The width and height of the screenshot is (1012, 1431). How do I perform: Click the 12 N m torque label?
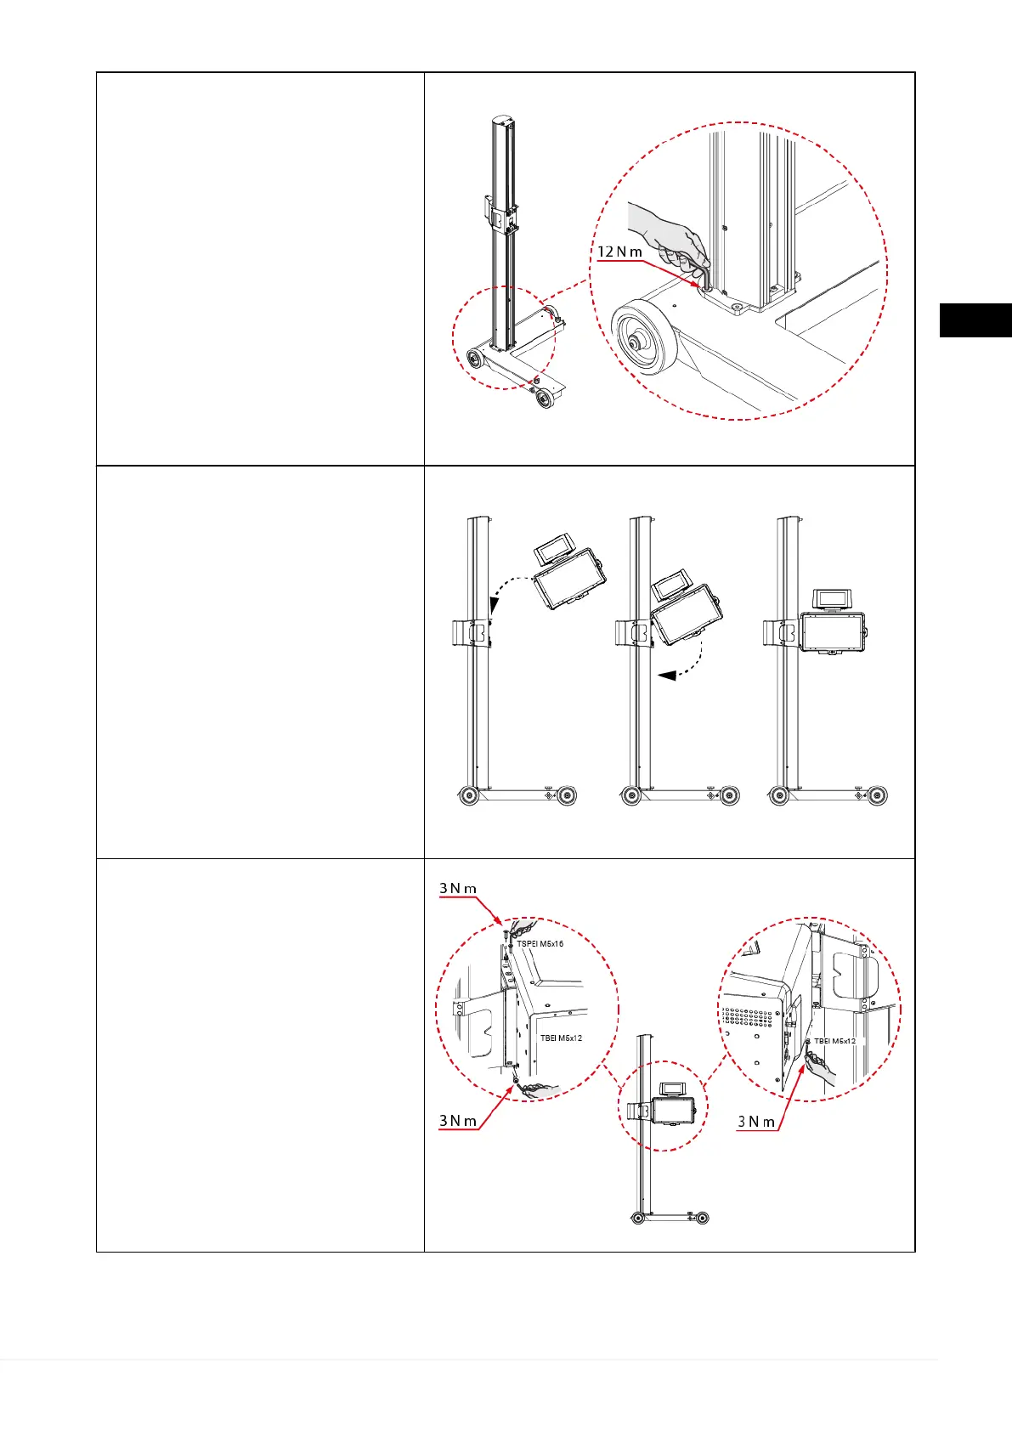click(620, 252)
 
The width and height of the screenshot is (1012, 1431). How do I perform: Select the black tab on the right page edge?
click(975, 320)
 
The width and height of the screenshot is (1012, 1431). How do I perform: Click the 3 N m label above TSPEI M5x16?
click(458, 889)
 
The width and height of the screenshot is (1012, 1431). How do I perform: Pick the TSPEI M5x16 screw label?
click(540, 944)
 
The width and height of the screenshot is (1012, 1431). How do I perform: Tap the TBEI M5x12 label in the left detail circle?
click(561, 1038)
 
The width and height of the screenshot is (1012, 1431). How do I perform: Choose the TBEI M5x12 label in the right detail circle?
click(834, 1041)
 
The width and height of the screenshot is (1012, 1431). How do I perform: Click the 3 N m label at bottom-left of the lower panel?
click(458, 1121)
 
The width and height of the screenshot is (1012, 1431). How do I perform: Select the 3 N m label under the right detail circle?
click(756, 1122)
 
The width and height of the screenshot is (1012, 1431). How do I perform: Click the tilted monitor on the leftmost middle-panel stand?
click(568, 581)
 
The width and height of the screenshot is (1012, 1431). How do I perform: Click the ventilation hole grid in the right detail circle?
click(751, 1021)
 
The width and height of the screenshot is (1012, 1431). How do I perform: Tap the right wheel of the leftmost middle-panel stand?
click(567, 796)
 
